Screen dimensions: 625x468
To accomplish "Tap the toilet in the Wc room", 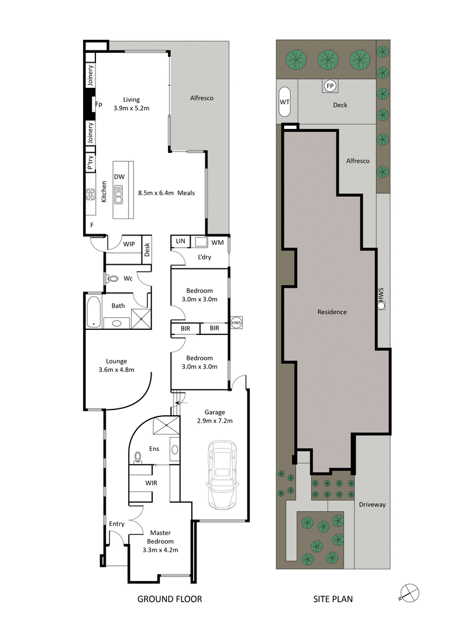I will (110, 279).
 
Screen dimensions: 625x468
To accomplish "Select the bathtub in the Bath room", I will (92, 312).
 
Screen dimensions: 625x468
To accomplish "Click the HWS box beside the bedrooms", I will (236, 323).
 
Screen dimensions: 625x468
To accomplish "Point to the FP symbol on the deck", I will (330, 87).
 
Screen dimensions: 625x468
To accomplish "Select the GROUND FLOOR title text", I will (169, 599).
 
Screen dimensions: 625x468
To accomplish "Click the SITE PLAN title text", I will (332, 599).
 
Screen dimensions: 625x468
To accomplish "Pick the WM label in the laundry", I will (217, 242).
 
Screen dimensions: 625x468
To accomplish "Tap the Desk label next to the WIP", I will (147, 250).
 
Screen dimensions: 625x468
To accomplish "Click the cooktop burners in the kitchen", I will (91, 194).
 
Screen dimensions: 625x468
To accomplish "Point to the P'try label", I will (91, 163).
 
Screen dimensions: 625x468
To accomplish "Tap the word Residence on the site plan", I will (332, 312).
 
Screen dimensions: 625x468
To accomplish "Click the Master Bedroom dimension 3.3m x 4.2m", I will (160, 549).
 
